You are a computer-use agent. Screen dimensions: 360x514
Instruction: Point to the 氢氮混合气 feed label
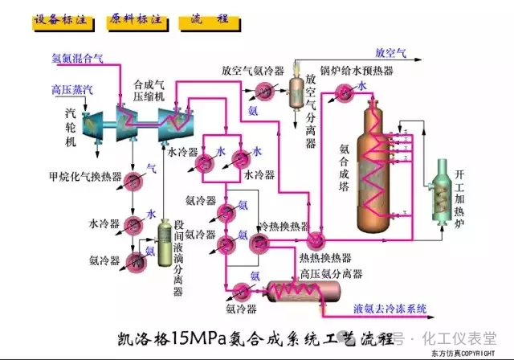77,57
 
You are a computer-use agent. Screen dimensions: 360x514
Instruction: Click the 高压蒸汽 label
71,90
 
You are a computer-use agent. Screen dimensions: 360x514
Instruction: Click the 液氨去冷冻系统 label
390,308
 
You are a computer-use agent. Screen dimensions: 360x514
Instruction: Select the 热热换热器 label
324,258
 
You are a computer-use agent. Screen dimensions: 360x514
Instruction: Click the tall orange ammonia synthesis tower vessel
377,161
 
